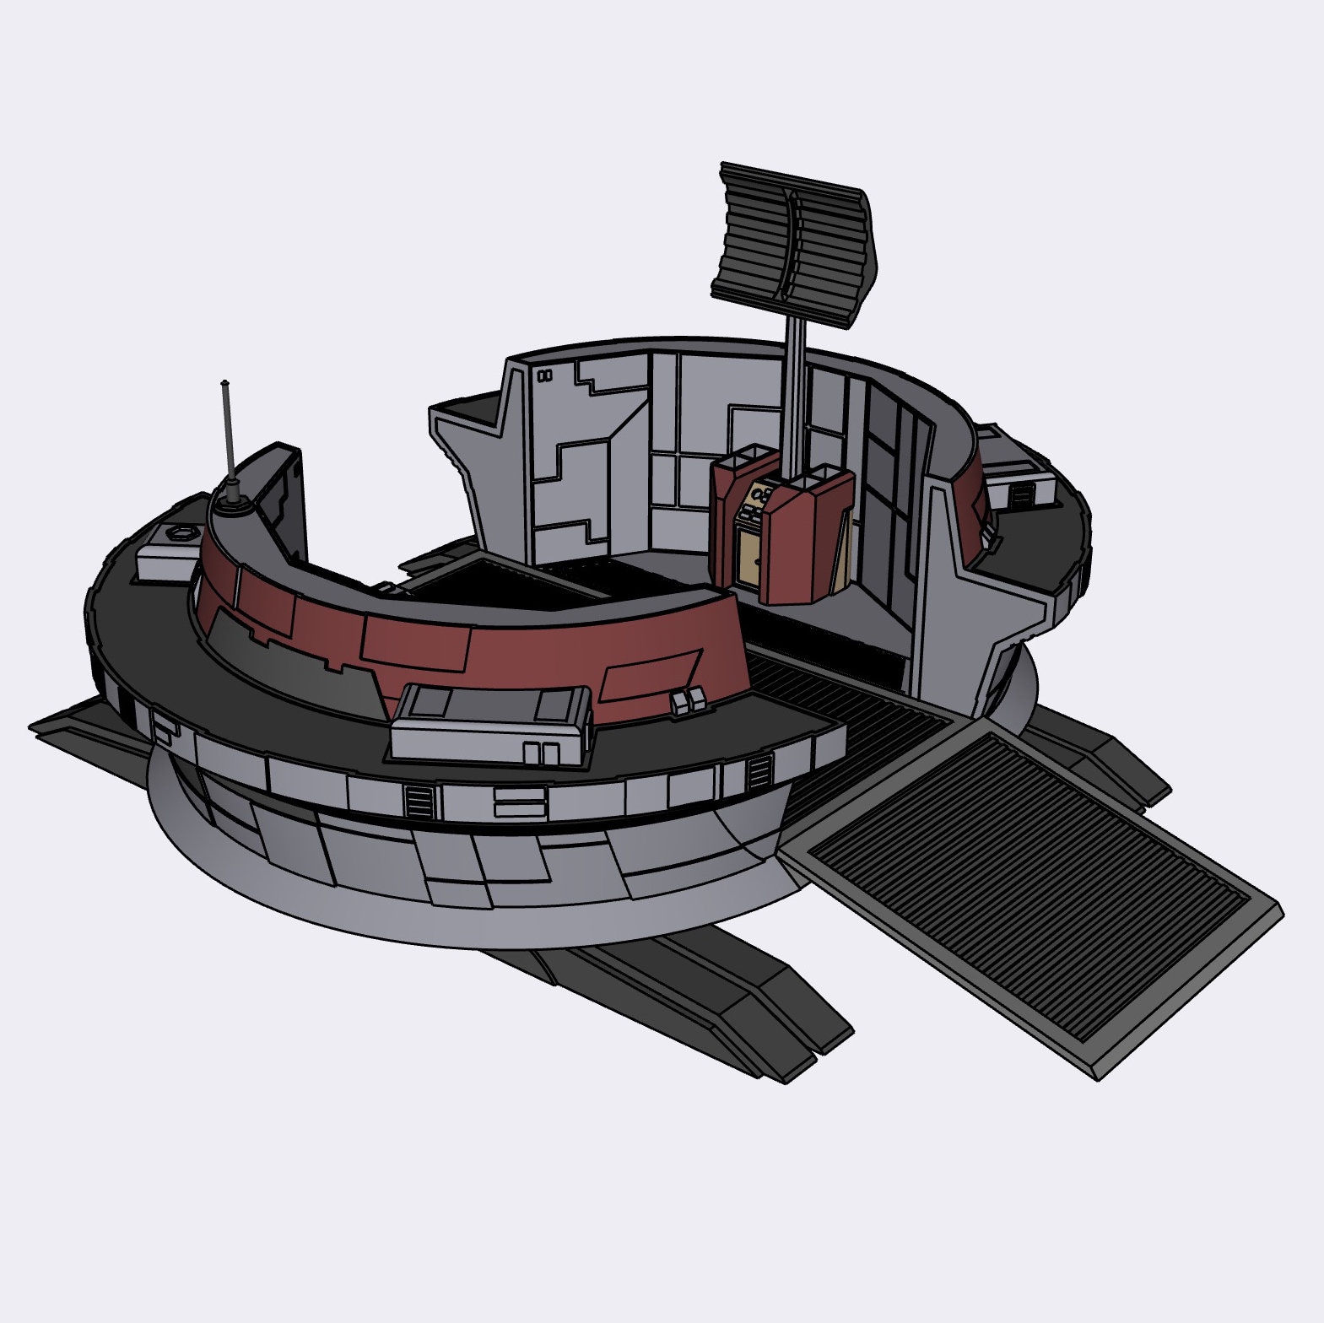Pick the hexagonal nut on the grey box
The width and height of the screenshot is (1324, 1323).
(x=179, y=532)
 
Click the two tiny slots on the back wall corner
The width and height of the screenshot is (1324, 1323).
(x=545, y=376)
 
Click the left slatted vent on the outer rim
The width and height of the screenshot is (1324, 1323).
(x=418, y=799)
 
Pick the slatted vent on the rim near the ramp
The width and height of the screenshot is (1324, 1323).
(x=759, y=770)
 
